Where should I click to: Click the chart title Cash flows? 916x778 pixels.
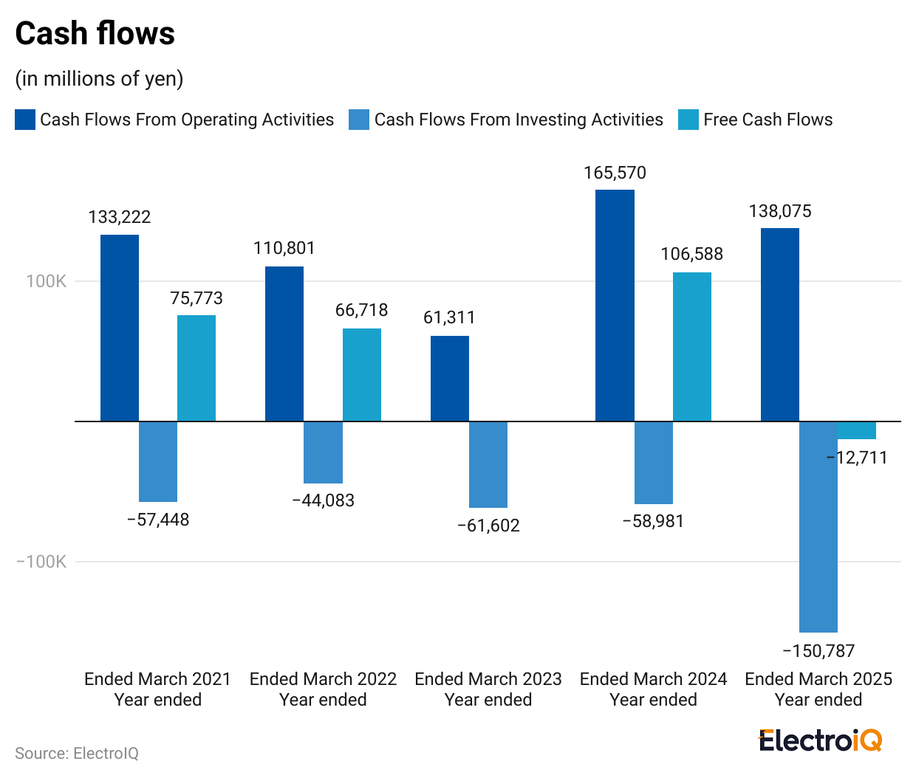[95, 34]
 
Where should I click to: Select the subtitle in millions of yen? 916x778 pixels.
[99, 78]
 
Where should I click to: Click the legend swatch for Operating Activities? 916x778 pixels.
[25, 120]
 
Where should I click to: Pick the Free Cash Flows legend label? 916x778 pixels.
[768, 120]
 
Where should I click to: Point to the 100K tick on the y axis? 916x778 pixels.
[47, 281]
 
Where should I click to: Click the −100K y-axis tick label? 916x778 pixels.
[41, 562]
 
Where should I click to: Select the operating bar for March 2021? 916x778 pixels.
[120, 328]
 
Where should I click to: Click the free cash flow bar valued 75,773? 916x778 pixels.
[196, 368]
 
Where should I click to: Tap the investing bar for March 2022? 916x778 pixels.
[323, 452]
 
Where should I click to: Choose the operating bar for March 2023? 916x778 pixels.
[450, 378]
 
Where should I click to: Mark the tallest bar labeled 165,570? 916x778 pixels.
[615, 306]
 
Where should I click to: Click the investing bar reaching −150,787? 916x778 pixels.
[818, 526]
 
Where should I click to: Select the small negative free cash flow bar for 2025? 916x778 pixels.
[857, 430]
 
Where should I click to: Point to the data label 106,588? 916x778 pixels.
[691, 254]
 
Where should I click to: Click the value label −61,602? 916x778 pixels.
[488, 526]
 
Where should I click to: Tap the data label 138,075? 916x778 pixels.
[780, 211]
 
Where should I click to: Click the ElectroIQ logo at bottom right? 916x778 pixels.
[820, 740]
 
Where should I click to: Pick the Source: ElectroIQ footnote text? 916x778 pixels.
[77, 753]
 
